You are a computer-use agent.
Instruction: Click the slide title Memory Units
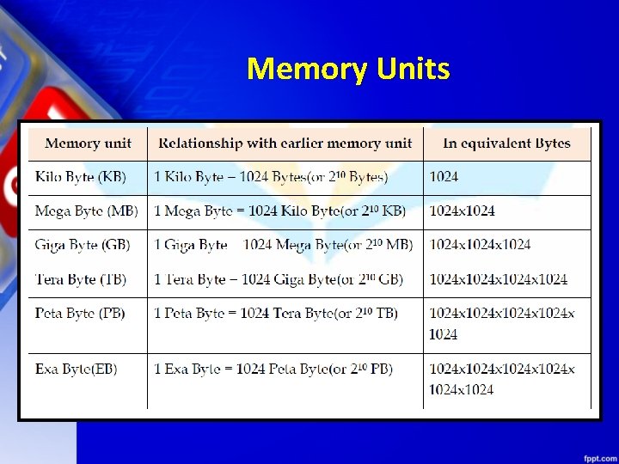pyautogui.click(x=347, y=68)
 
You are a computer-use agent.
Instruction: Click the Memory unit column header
pyautogui.click(x=88, y=143)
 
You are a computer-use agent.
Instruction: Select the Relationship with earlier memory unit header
pyautogui.click(x=285, y=143)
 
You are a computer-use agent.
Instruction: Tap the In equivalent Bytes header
pyautogui.click(x=506, y=143)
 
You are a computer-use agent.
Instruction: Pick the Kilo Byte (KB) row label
pyautogui.click(x=81, y=177)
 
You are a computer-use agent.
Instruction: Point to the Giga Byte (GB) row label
pyautogui.click(x=83, y=245)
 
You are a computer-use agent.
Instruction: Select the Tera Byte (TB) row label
pyautogui.click(x=81, y=279)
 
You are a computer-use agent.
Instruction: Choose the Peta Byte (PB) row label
pyautogui.click(x=80, y=314)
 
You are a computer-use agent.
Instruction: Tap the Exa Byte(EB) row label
pyautogui.click(x=77, y=369)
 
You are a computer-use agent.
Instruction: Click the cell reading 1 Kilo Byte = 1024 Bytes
pyautogui.click(x=271, y=177)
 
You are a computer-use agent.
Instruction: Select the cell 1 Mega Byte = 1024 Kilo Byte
pyautogui.click(x=279, y=211)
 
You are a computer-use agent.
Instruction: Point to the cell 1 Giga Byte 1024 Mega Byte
pyautogui.click(x=283, y=245)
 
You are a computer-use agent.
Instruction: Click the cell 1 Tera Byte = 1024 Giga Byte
pyautogui.click(x=279, y=279)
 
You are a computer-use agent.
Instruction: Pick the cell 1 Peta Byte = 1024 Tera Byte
pyautogui.click(x=276, y=314)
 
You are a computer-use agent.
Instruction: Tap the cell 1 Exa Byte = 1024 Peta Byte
pyautogui.click(x=273, y=369)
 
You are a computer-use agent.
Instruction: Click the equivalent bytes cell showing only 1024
pyautogui.click(x=444, y=177)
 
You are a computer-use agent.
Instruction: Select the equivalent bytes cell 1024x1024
pyautogui.click(x=463, y=211)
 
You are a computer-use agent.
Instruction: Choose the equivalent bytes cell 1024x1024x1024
pyautogui.click(x=481, y=245)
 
